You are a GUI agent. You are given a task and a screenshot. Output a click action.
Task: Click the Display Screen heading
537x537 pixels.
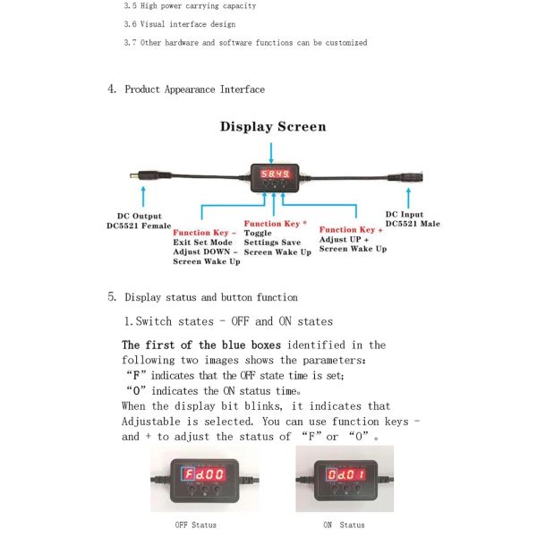pos(273,126)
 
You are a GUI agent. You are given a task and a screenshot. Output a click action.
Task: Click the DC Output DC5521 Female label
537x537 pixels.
pos(138,220)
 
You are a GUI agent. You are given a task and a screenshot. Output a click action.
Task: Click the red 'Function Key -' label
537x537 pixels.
pos(207,232)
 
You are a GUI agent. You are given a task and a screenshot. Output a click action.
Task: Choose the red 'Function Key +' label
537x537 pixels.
pos(354,229)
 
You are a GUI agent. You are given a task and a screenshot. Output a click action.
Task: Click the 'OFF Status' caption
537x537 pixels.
pos(195,524)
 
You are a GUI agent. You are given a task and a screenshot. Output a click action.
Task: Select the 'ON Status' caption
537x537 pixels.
pos(344,524)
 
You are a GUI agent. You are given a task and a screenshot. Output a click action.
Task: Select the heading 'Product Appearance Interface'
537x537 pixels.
pos(194,89)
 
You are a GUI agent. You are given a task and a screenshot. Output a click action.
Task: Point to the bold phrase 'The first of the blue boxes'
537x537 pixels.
pos(201,345)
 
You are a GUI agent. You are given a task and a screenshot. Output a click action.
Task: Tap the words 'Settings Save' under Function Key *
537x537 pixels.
pos(272,243)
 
